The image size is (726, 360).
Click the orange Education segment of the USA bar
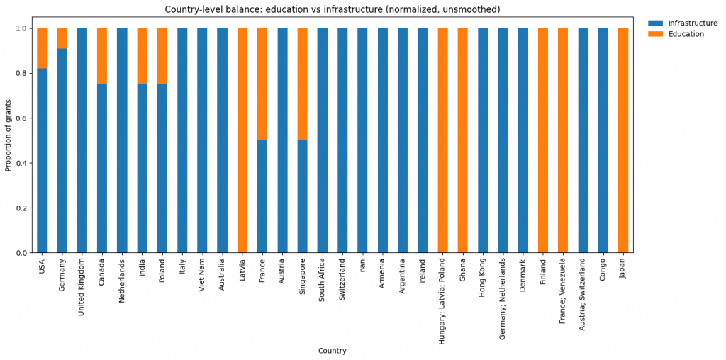pos(42,48)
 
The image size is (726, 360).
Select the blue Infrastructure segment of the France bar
pos(262,196)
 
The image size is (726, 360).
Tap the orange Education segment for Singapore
pos(302,84)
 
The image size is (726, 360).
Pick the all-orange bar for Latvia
pos(242,140)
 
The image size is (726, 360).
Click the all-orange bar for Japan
pos(623,140)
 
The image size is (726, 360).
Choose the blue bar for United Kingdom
pos(82,140)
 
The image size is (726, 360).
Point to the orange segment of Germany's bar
pos(62,38)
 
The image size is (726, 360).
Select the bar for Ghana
pos(463,140)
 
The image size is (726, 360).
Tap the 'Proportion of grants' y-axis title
pos(9,140)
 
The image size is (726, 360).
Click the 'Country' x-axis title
pos(332,351)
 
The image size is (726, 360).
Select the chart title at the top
pos(332,9)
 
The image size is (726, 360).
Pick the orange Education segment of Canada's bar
pos(102,56)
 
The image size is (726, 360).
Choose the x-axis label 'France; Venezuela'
pos(563,291)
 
